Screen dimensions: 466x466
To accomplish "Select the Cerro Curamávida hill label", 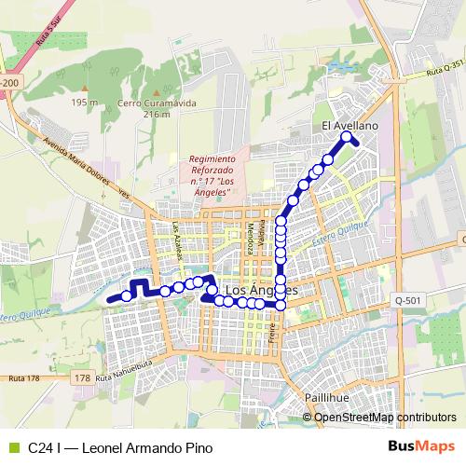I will [x=158, y=103].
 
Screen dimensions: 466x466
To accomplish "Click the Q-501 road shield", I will [x=407, y=300].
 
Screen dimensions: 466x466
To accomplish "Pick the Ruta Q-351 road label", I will [x=444, y=71].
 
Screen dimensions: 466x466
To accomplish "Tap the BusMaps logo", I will [x=422, y=446].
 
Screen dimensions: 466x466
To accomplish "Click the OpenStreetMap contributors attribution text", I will [x=385, y=417].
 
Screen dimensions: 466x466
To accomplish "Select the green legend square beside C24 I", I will [x=12, y=447].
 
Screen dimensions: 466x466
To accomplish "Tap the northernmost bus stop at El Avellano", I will [x=347, y=137].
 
